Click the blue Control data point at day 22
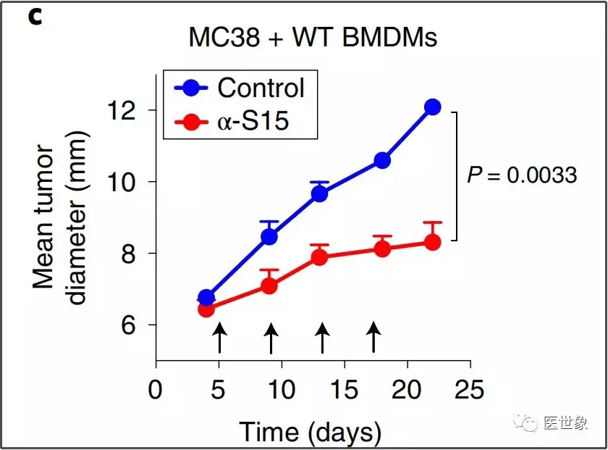[x=433, y=107]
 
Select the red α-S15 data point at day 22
[x=433, y=242]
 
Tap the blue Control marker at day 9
[x=269, y=236]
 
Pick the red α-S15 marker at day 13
[x=320, y=257]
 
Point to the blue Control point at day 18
[x=382, y=160]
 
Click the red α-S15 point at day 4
[x=206, y=309]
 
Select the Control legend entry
[x=240, y=88]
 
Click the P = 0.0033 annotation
[x=522, y=175]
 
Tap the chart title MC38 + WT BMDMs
[x=313, y=38]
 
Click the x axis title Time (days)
[x=311, y=432]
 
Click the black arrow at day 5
[x=219, y=338]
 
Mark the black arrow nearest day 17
[x=373, y=338]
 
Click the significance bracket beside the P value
[x=456, y=176]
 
